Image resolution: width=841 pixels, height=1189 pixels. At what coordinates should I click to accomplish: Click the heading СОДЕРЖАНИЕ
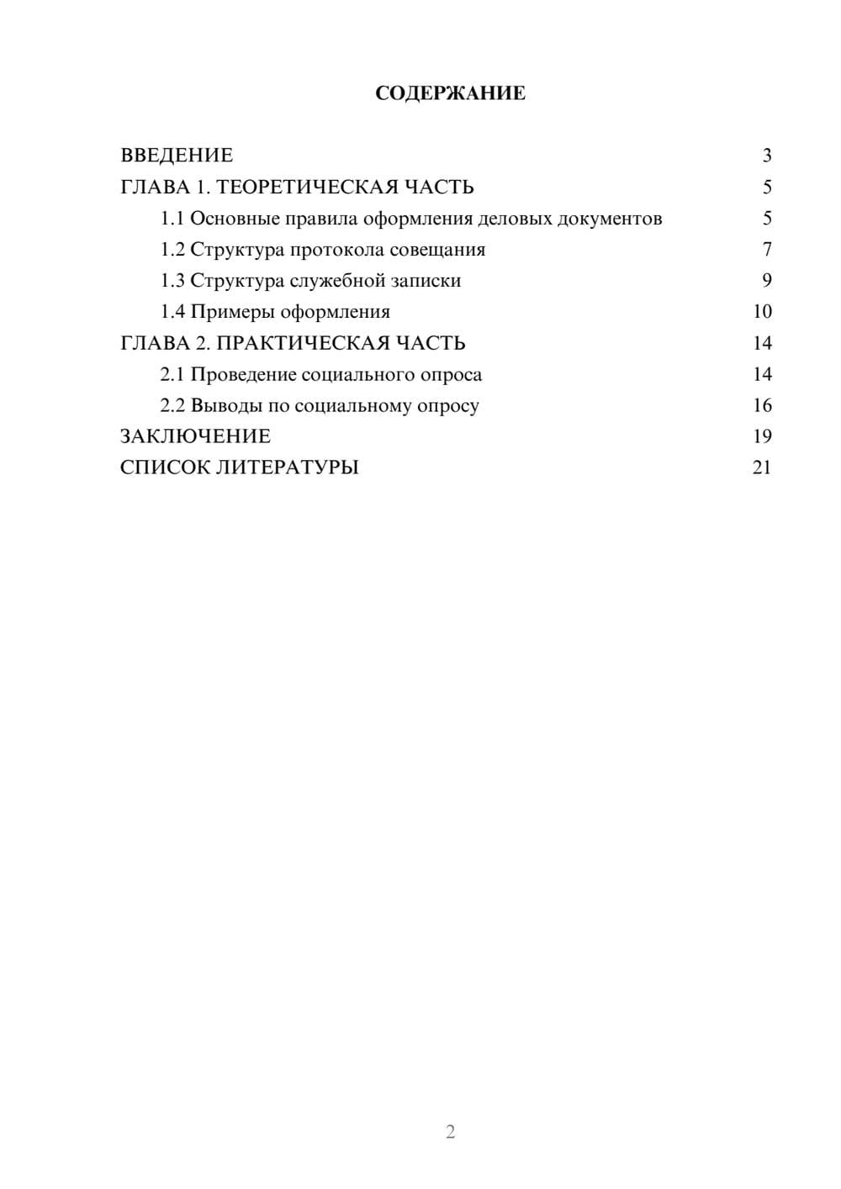click(x=450, y=93)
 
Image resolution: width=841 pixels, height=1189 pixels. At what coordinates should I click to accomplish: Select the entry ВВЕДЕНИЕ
click(x=177, y=156)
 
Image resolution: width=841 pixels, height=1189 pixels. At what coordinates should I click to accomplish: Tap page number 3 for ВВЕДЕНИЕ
click(x=766, y=156)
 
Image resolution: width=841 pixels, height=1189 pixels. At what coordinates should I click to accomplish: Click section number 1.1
click(x=172, y=219)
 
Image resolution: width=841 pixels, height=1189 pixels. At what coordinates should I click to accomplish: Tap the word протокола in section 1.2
click(x=336, y=250)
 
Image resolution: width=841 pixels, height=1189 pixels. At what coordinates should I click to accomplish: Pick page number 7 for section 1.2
click(x=766, y=250)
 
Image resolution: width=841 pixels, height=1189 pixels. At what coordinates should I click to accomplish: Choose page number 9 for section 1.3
click(x=766, y=281)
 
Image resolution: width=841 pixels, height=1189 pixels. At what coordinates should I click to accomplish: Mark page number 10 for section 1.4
click(x=762, y=312)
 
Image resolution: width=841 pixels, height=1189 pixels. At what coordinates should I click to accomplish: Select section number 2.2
click(x=172, y=405)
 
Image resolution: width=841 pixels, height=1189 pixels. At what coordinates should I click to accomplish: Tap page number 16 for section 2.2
click(x=762, y=405)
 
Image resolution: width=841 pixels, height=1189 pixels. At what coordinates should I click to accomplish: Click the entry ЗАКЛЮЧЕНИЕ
click(x=195, y=436)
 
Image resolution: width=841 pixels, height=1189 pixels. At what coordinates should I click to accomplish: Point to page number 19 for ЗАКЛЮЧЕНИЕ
click(x=762, y=436)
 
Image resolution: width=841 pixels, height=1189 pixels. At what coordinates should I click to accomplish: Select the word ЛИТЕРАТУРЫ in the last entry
click(x=288, y=468)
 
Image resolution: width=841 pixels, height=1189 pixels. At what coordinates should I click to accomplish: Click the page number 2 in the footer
click(x=450, y=1132)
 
